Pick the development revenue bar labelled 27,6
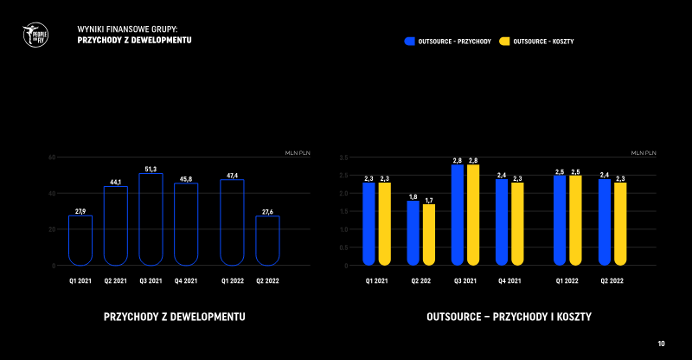pos(267,240)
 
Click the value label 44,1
pos(115,182)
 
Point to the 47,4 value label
pos(232,176)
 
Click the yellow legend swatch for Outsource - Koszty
pos(505,41)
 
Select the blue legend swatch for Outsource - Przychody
pos(409,41)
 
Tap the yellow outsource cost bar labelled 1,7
pos(429,235)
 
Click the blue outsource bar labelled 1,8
pos(413,233)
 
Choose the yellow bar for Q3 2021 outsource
pos(473,215)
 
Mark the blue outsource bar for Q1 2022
pos(560,220)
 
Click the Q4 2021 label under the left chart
pos(185,280)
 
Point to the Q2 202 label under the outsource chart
pos(420,280)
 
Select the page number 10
pos(662,344)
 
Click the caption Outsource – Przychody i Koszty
pos(509,318)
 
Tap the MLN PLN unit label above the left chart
pos(298,151)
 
